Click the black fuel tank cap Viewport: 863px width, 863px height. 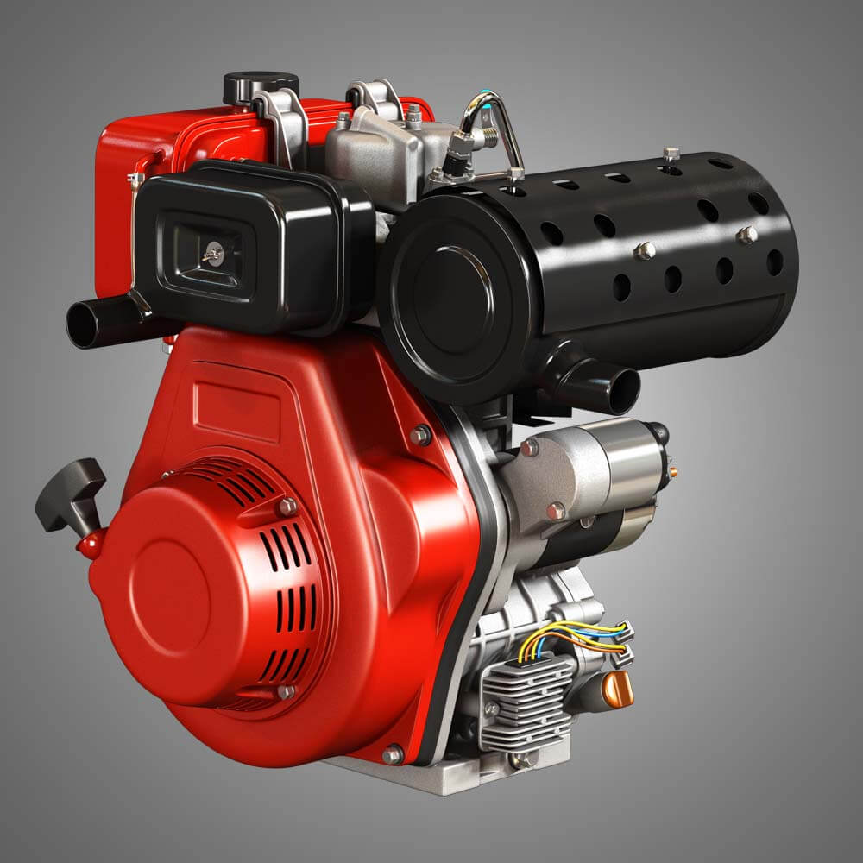[x=261, y=86]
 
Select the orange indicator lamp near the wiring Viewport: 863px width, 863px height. [x=617, y=689]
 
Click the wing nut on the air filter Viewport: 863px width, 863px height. [x=211, y=253]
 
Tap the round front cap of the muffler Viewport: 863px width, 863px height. [x=453, y=293]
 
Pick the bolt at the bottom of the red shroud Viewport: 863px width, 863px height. [x=393, y=754]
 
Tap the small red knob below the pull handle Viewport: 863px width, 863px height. [x=89, y=545]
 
